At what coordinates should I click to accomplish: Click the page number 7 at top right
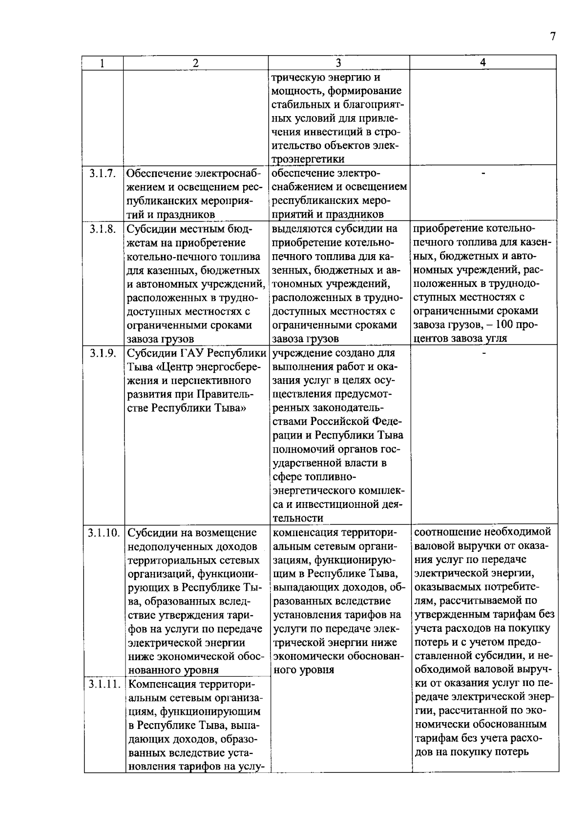(x=553, y=37)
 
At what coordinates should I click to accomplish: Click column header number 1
(x=102, y=62)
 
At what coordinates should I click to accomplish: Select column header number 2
(x=195, y=62)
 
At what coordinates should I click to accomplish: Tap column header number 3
(x=338, y=62)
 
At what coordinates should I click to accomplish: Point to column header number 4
(x=483, y=62)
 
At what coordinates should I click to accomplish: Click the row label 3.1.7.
(x=103, y=174)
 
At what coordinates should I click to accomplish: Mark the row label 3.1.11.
(x=104, y=684)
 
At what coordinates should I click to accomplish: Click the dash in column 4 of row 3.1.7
(x=483, y=173)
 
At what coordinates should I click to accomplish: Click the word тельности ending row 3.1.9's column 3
(x=298, y=518)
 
